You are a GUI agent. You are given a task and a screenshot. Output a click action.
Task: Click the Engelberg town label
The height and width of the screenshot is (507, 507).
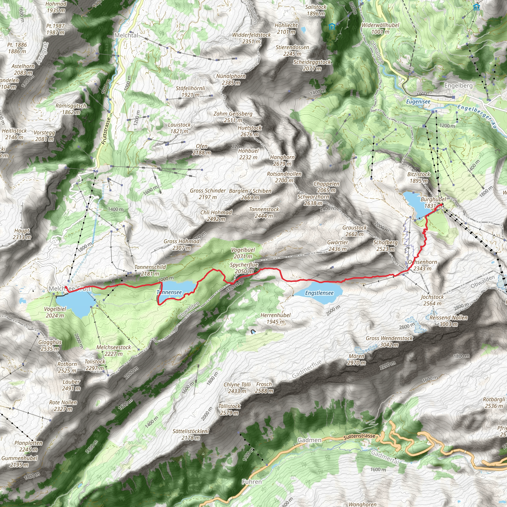click(x=458, y=86)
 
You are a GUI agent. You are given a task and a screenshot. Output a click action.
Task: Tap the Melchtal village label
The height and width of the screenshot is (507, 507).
click(x=126, y=35)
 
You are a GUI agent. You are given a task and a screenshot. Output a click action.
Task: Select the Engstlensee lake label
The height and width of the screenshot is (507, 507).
click(x=319, y=293)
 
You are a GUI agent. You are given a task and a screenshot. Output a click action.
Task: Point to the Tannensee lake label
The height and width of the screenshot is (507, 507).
click(x=169, y=292)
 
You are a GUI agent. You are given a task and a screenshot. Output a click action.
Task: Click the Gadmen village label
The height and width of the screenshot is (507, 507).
click(x=309, y=440)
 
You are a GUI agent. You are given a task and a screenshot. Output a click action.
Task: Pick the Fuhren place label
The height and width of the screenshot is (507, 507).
click(x=252, y=482)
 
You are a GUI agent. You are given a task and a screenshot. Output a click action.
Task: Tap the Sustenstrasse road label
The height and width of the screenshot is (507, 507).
click(x=359, y=436)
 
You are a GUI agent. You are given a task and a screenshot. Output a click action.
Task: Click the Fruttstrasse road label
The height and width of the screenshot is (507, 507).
click(x=106, y=131)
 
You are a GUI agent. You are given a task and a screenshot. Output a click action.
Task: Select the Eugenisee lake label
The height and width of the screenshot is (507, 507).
click(x=418, y=101)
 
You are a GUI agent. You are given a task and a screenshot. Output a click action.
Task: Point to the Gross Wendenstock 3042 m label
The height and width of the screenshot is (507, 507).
click(x=389, y=341)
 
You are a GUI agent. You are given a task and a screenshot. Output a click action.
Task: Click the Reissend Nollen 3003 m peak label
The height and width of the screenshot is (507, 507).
click(x=449, y=321)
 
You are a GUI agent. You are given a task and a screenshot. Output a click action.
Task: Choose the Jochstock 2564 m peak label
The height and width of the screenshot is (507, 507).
click(x=432, y=300)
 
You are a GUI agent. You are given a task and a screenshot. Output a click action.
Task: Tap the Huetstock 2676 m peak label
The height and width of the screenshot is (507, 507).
click(x=250, y=131)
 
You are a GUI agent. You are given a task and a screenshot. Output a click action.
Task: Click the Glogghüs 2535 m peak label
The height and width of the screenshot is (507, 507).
click(x=50, y=345)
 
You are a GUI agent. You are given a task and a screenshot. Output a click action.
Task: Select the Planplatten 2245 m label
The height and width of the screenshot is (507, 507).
click(x=28, y=446)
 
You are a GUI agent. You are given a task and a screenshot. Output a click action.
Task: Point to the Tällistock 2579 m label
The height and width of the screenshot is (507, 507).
click(x=229, y=409)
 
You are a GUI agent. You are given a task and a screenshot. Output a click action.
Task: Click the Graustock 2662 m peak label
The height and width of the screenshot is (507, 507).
click(x=354, y=231)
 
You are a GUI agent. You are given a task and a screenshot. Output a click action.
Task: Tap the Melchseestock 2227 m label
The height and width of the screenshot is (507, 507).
click(x=113, y=350)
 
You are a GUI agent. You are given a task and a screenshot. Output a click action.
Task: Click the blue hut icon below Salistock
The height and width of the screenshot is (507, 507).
click(x=332, y=26)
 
